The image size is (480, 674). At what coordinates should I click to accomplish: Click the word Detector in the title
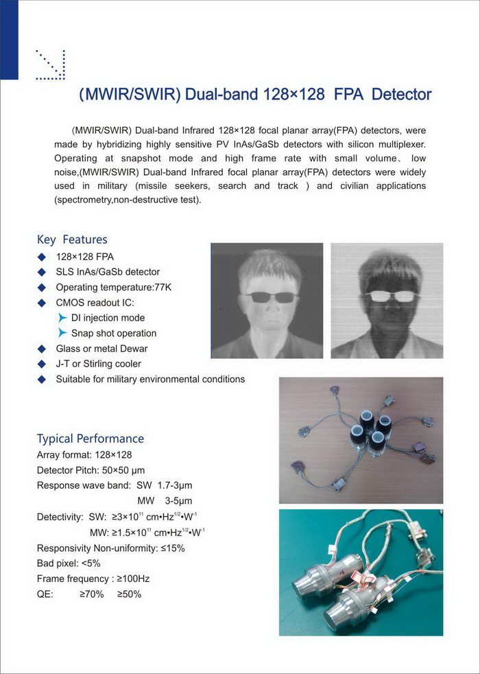[402, 94]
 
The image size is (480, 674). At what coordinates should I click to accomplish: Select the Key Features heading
[72, 240]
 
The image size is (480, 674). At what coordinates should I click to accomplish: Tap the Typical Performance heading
[91, 439]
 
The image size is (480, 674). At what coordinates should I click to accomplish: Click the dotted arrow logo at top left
[49, 65]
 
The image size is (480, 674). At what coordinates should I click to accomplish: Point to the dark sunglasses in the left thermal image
[272, 297]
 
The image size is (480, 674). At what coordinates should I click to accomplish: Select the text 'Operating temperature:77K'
[114, 287]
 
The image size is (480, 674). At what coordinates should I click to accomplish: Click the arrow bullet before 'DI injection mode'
[62, 318]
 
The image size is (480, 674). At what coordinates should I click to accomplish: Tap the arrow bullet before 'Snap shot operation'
[62, 333]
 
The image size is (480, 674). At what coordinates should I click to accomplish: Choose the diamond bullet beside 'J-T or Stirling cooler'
[42, 364]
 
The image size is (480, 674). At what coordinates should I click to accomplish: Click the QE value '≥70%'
[91, 594]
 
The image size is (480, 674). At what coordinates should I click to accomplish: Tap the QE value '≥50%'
[129, 594]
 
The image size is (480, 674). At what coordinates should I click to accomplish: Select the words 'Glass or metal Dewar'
[101, 349]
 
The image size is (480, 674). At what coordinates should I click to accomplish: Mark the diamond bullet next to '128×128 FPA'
[42, 257]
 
